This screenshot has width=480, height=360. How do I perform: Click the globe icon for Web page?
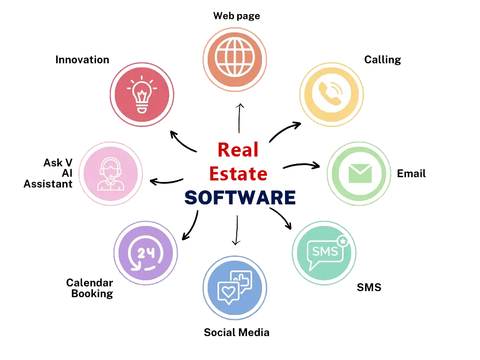click(x=235, y=57)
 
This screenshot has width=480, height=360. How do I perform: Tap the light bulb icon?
click(x=142, y=95)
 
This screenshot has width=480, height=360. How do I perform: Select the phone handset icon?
click(x=331, y=93)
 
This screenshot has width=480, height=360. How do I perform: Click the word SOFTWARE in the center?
click(x=240, y=198)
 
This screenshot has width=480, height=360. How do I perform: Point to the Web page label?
click(x=237, y=16)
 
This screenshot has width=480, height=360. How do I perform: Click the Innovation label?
click(x=82, y=60)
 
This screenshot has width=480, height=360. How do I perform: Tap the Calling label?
click(x=382, y=60)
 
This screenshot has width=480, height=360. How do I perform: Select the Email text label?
click(x=412, y=174)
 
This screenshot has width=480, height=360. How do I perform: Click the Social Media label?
click(x=237, y=332)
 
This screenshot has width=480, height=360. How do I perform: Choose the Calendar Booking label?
click(x=90, y=288)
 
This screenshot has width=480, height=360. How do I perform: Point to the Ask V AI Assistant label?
click(x=50, y=173)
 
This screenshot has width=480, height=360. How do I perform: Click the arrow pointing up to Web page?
click(x=239, y=117)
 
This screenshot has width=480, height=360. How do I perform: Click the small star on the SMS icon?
click(x=343, y=241)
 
